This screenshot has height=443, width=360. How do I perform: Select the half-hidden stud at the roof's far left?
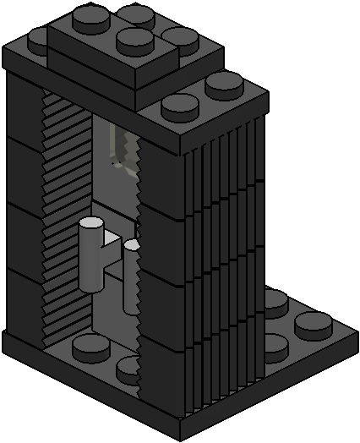(x=39, y=36)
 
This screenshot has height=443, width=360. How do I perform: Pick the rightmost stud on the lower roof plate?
(x=223, y=83)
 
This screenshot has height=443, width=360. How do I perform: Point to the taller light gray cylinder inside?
(x=91, y=254)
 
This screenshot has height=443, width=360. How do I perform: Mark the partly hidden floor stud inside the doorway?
(x=128, y=369)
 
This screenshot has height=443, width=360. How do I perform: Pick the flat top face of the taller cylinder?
(x=90, y=222)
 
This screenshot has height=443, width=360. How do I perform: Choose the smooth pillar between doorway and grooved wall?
(x=161, y=254)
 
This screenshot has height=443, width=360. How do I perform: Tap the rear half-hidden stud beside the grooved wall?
(x=275, y=298)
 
